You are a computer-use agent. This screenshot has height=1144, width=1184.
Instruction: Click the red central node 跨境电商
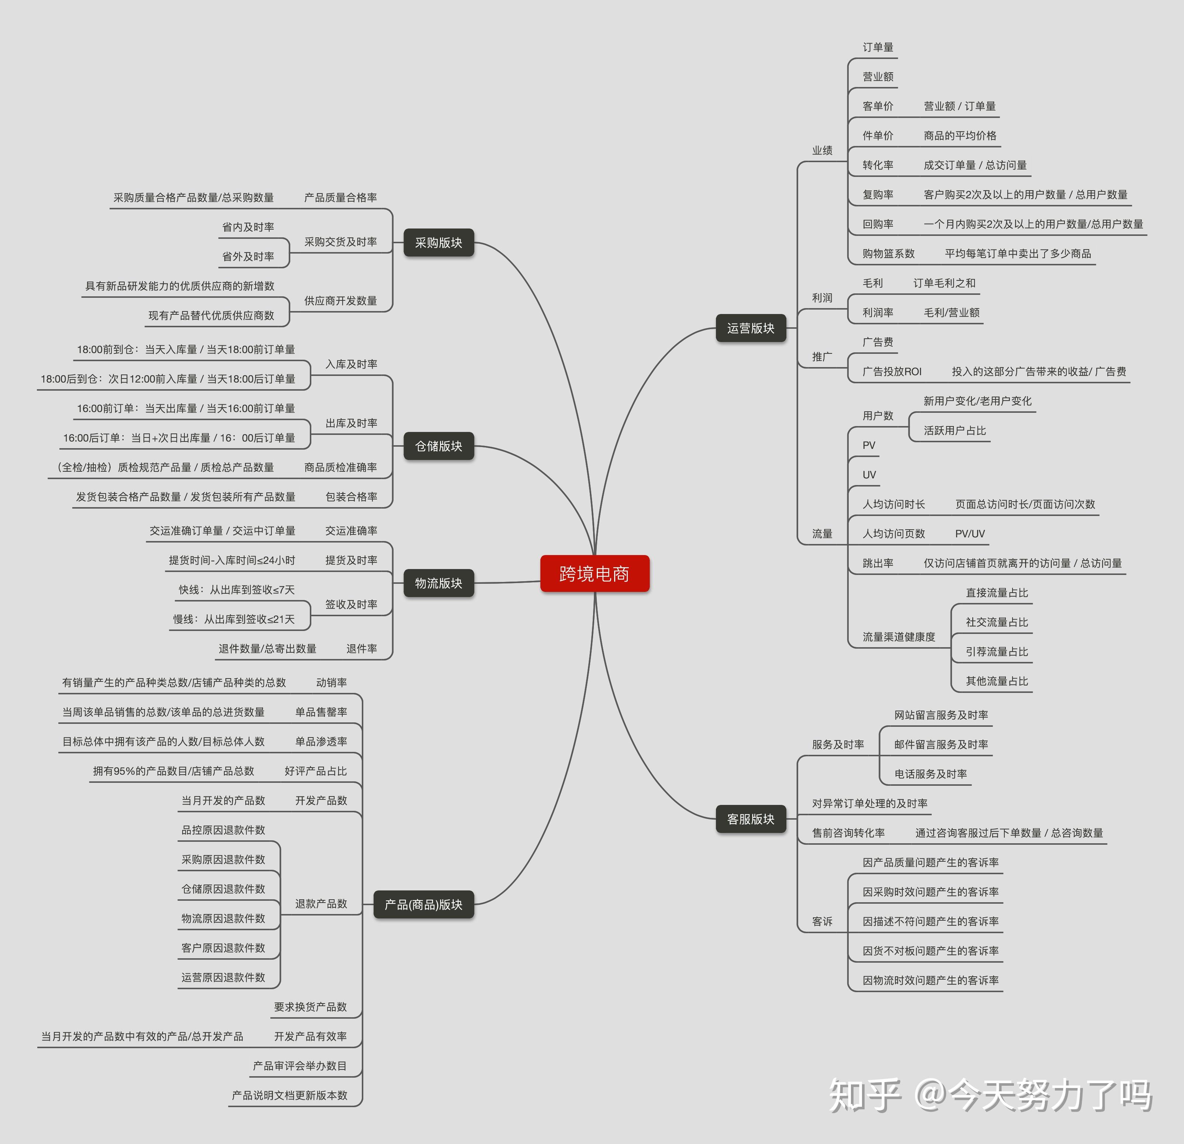coord(595,573)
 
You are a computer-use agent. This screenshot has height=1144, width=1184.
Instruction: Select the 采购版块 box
coord(439,243)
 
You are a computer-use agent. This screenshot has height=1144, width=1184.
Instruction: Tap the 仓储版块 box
coord(439,446)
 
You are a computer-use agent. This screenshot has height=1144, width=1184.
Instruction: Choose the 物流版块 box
coord(439,583)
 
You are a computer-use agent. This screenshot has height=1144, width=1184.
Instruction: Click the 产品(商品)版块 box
coord(423,904)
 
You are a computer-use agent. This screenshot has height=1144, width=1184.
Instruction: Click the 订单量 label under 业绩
coord(878,47)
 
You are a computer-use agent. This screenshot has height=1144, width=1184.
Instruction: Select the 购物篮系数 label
coord(888,254)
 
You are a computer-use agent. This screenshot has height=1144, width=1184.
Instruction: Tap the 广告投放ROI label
coord(892,371)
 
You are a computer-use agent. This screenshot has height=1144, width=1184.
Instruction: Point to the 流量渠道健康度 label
coord(898,637)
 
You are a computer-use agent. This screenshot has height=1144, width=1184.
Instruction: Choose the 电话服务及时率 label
coord(930,774)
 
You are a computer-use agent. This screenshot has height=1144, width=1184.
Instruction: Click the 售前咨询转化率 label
coord(848,833)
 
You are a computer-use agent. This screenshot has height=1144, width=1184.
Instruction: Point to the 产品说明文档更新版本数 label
coord(289,1095)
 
